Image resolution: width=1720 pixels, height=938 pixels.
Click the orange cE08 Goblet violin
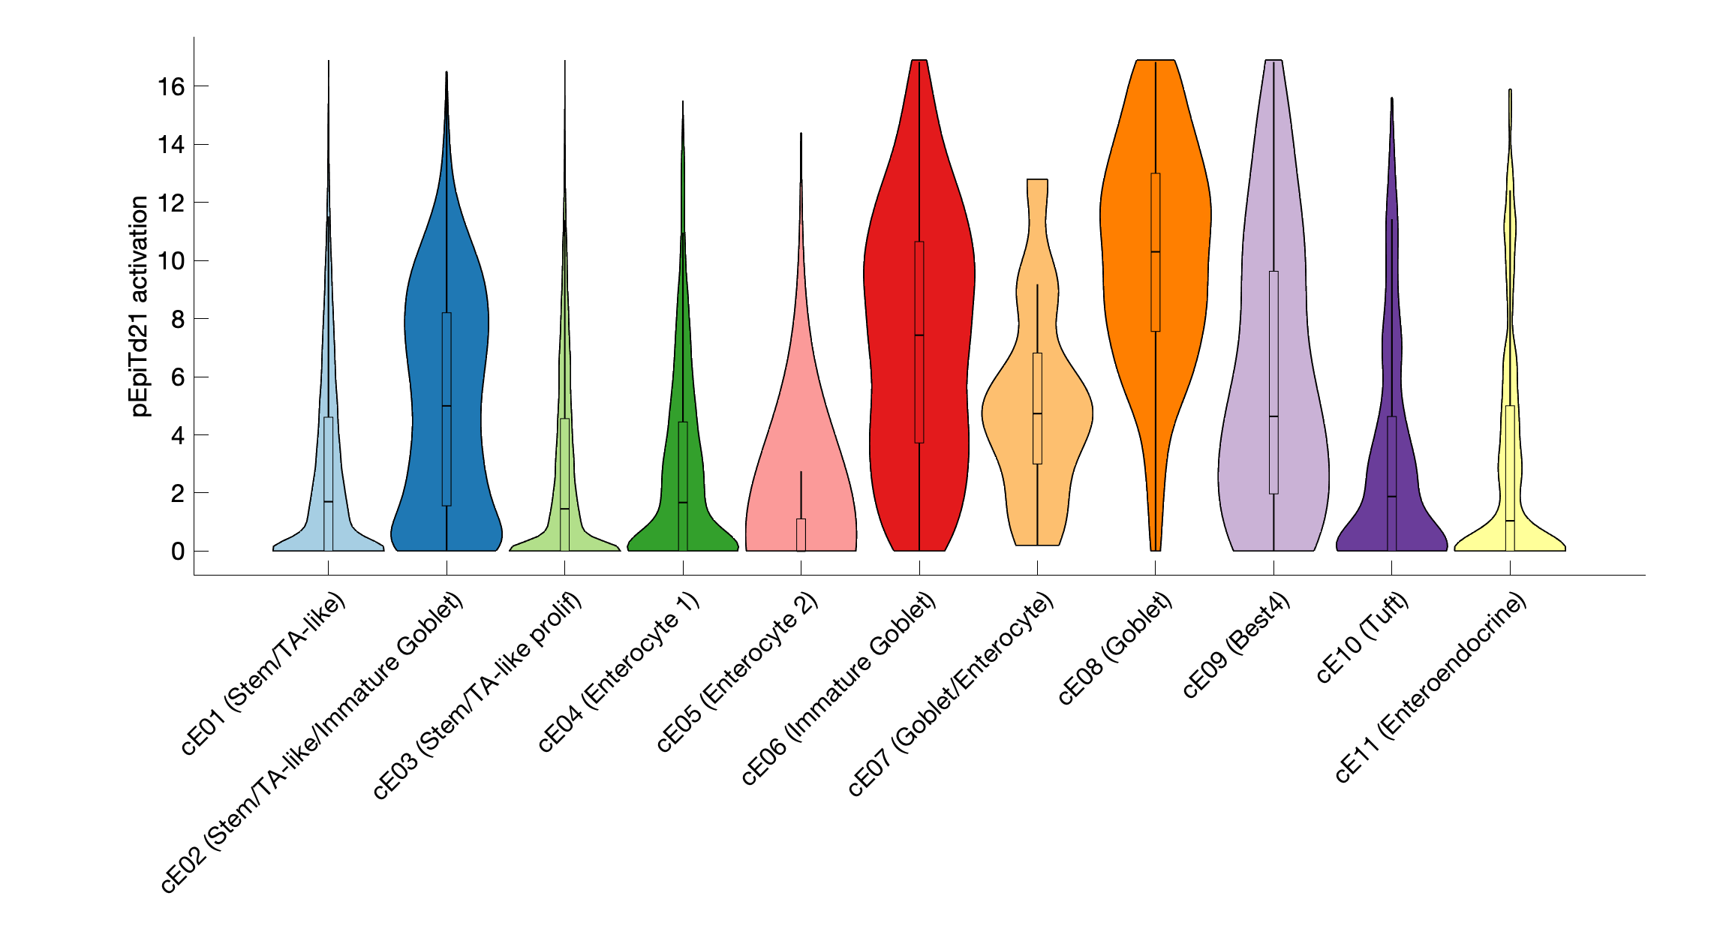(x=1126, y=225)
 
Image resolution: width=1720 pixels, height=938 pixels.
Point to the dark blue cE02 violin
(x=428, y=338)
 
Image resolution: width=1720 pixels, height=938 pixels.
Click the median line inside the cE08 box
(x=1155, y=252)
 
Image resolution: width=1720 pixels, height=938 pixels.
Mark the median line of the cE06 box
(x=919, y=335)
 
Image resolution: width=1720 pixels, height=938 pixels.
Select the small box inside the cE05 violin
(x=801, y=534)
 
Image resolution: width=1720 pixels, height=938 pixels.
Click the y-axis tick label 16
(x=170, y=87)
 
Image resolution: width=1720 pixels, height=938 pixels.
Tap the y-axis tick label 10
(x=170, y=261)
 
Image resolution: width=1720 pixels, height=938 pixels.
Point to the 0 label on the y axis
(x=177, y=552)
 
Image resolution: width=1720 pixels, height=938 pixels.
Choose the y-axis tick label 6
(x=177, y=377)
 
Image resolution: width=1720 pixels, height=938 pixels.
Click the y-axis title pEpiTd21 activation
(x=140, y=306)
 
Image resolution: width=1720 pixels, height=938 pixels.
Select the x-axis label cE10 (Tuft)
(x=1362, y=639)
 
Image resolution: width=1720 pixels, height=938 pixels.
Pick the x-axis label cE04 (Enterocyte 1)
(x=619, y=672)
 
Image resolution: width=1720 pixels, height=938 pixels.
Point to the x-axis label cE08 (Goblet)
(x=1114, y=649)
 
